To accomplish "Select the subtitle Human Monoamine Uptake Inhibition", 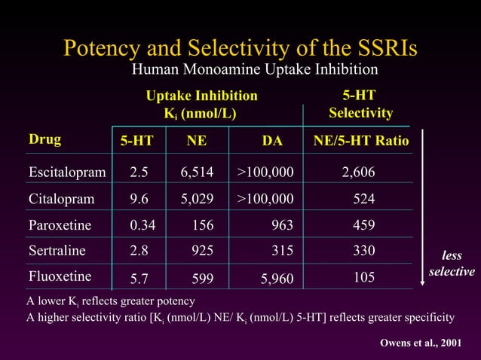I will coord(255,70).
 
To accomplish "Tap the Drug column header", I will coord(45,139).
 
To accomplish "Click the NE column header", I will coord(197,142).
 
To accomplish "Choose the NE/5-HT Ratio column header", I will coord(361,142).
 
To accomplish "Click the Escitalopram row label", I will coord(67,173).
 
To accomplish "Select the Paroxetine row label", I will coord(60,225).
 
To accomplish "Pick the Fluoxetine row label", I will coord(60,276).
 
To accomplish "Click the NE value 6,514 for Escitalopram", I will coord(197,173).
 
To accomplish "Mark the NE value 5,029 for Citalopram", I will coord(197,200).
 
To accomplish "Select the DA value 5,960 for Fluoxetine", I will coord(277,279).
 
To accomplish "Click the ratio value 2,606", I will coord(358,173).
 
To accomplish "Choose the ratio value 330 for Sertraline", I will coord(364,251).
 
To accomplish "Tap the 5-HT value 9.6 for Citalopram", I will coord(138,200).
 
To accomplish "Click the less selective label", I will coord(452,264).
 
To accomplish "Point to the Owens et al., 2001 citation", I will coord(420,343).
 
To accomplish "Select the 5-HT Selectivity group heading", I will coord(360,105).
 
